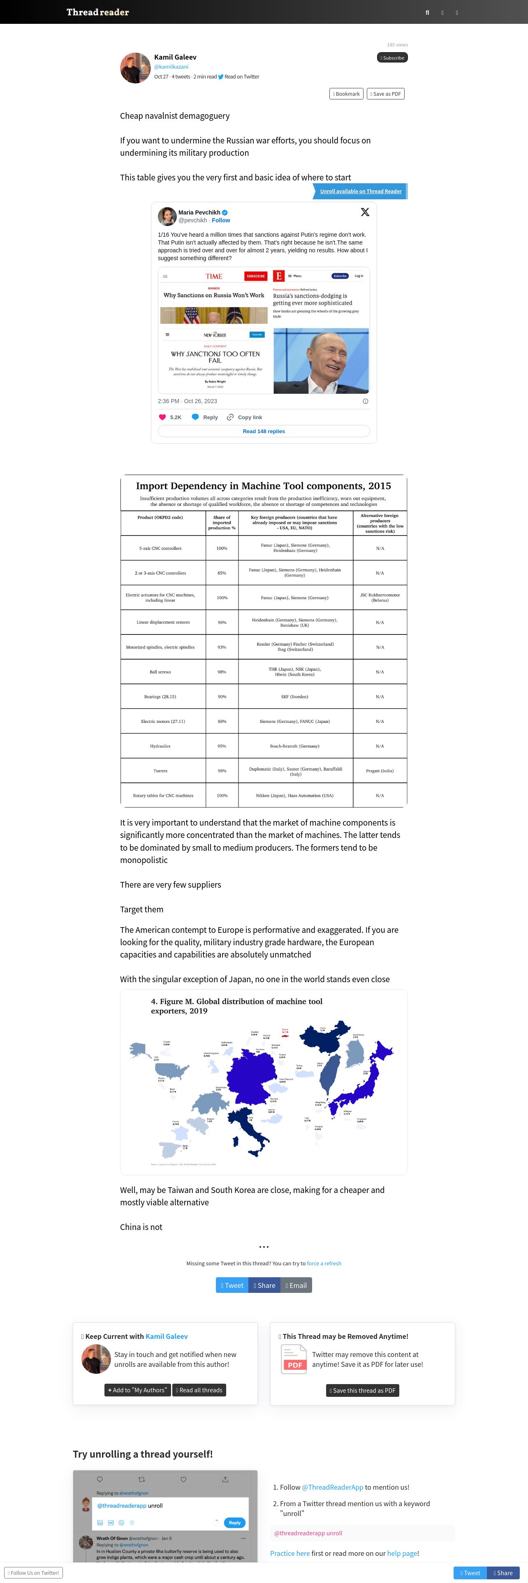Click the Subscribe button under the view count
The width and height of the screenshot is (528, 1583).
pos(392,58)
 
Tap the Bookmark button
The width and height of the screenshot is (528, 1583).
pos(346,94)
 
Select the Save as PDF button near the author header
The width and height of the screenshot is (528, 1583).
pos(385,94)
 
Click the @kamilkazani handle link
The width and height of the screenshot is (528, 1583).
pos(171,67)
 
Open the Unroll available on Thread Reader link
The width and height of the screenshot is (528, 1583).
pos(360,191)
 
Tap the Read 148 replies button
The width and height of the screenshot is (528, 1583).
pos(264,432)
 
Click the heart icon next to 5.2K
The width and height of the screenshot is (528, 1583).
pos(162,417)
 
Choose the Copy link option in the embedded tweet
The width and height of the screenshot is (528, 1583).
pos(245,417)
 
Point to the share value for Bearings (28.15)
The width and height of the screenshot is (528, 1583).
pos(222,697)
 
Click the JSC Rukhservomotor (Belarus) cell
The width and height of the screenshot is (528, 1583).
pos(380,597)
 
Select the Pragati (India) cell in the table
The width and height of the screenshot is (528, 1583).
pos(380,771)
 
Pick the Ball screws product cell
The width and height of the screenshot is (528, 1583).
pos(160,672)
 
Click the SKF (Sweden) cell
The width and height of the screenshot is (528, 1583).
pos(295,697)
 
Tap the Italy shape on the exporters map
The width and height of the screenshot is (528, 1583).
pos(251,1131)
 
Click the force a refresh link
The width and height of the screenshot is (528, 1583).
pos(324,1263)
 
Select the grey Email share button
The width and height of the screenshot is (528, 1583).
pos(296,1285)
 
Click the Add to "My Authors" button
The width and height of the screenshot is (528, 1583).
pos(137,1390)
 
